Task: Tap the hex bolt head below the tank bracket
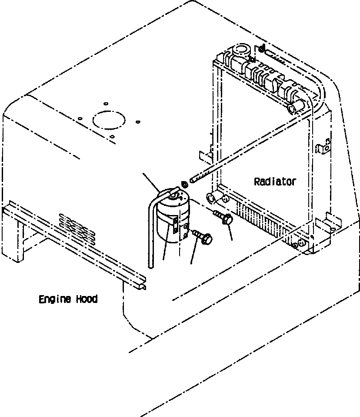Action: pyautogui.click(x=207, y=239)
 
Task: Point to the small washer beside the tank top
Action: pyautogui.click(x=184, y=185)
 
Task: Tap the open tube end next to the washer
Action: pyautogui.click(x=192, y=178)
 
